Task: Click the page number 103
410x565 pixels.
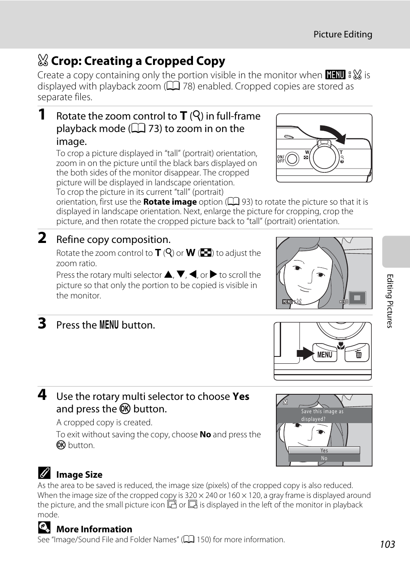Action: coord(387,544)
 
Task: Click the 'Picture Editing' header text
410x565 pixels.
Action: coord(343,34)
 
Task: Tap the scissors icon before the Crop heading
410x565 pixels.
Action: coord(43,61)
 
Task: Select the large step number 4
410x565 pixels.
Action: coord(42,394)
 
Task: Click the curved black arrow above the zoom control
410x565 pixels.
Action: coord(334,133)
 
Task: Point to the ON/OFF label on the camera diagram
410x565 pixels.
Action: coord(281,159)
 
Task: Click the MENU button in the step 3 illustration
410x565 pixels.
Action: coord(324,354)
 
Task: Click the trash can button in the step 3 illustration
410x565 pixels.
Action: coord(358,354)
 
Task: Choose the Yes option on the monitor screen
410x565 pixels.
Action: coord(324,450)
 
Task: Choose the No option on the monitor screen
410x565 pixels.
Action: coord(324,458)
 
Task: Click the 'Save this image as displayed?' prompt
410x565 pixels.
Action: coord(322,415)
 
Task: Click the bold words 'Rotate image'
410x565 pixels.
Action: coord(170,202)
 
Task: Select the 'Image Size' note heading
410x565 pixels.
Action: coord(79,475)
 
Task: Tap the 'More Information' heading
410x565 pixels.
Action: coord(94,529)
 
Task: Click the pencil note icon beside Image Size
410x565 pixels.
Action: coord(44,473)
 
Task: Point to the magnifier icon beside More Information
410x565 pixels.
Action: coord(44,528)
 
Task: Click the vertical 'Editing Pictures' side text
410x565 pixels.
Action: coord(390,301)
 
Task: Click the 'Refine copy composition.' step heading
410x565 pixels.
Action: coord(113,240)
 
